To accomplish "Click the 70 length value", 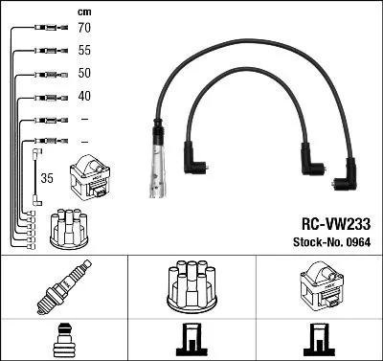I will pyautogui.click(x=84, y=29).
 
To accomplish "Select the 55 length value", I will pyautogui.click(x=84, y=51).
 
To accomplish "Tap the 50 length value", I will pyautogui.click(x=84, y=73).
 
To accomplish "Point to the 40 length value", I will pyautogui.click(x=84, y=97).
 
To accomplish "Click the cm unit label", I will pyautogui.click(x=83, y=11).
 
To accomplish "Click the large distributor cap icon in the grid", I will pyautogui.click(x=191, y=283).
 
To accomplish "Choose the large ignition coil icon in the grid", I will pyautogui.click(x=319, y=284).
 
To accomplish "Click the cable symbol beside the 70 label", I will pyautogui.click(x=45, y=29).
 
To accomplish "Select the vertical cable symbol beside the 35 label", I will pyautogui.click(x=37, y=176).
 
